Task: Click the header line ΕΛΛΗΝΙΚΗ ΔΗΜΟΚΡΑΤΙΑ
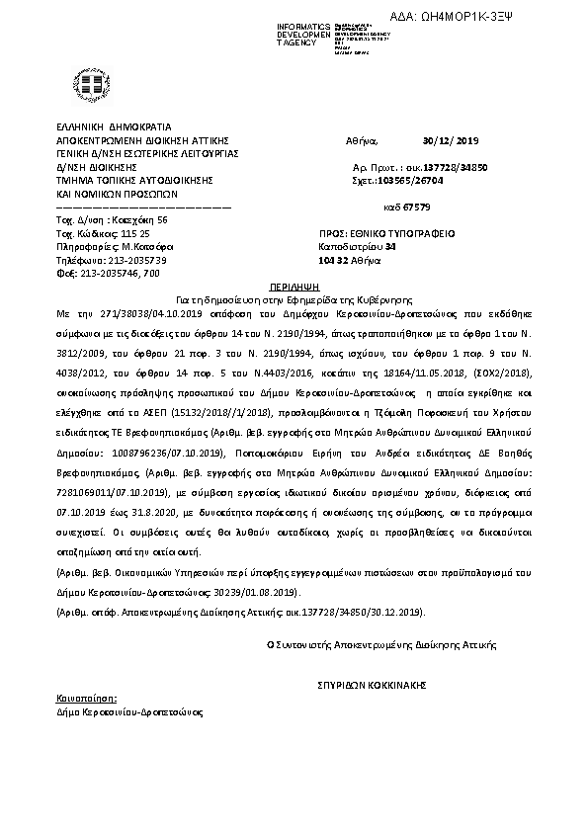(102, 127)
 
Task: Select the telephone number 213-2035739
(125, 260)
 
